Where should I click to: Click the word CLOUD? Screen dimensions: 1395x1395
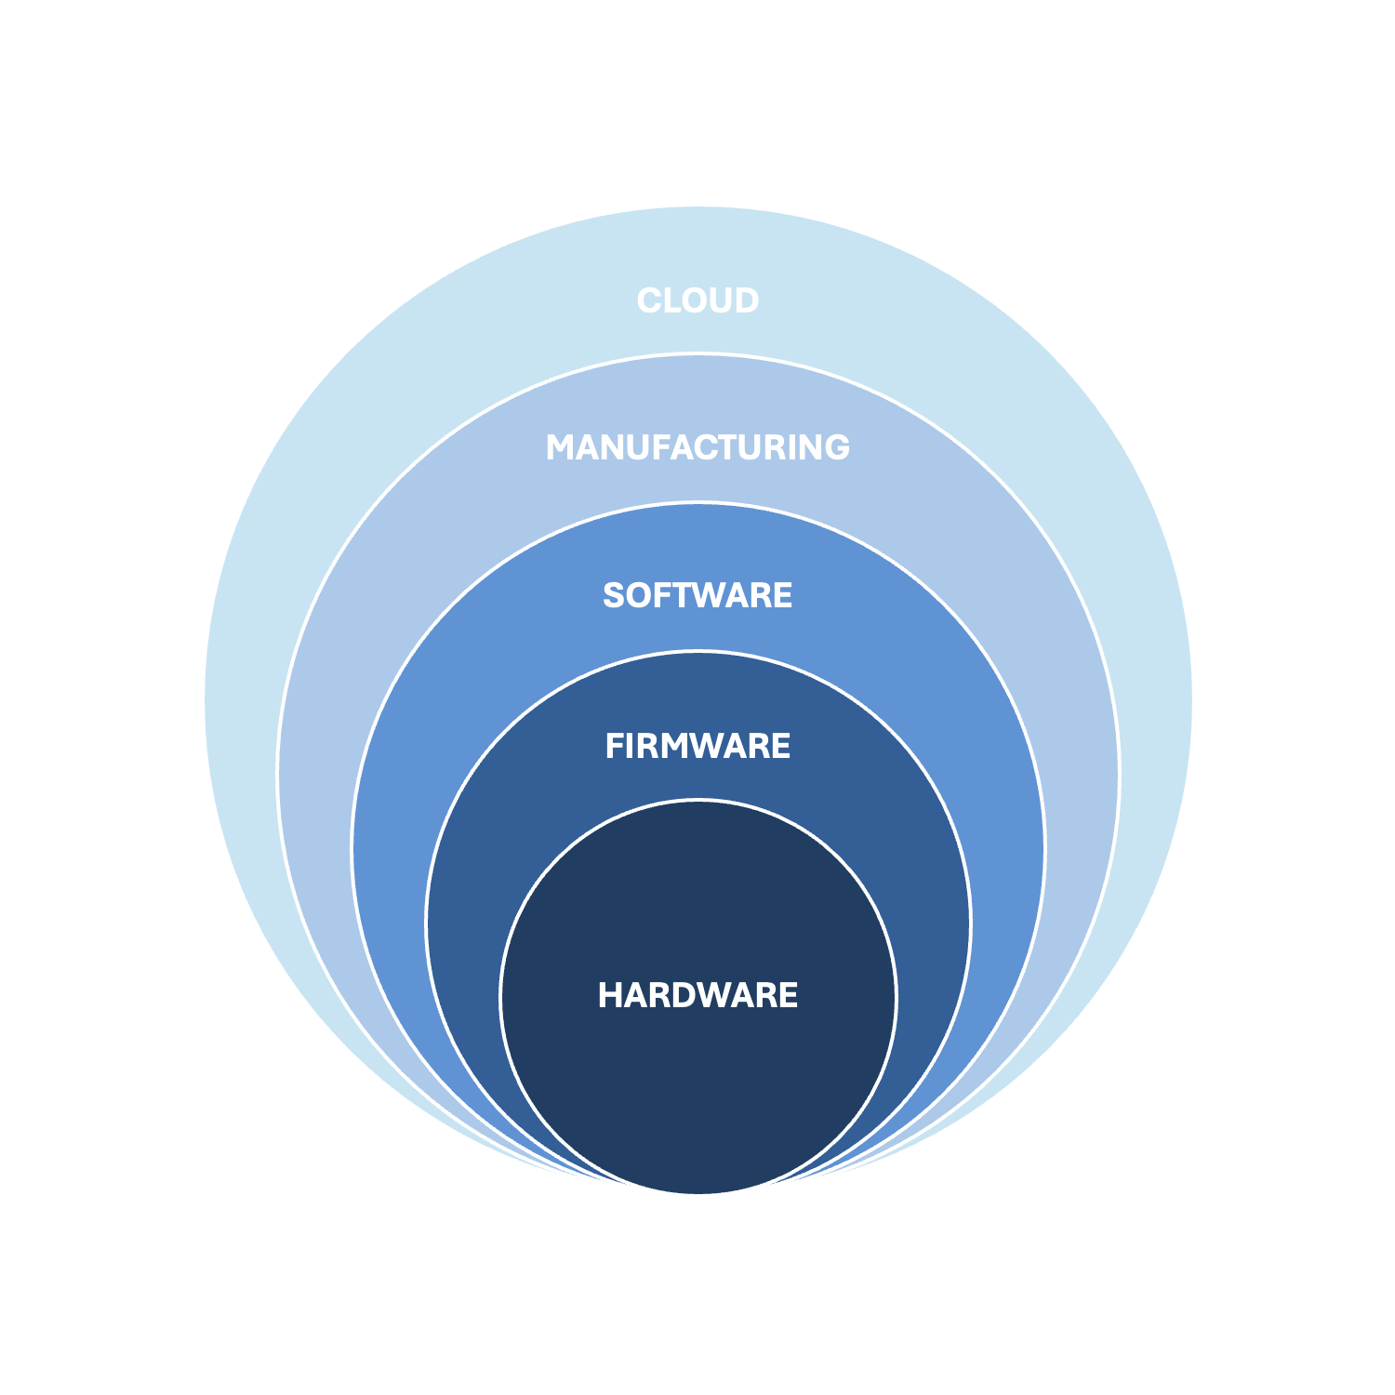click(x=697, y=300)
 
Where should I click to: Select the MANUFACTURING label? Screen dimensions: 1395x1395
click(x=697, y=447)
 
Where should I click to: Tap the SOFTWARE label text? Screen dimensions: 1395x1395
click(x=697, y=595)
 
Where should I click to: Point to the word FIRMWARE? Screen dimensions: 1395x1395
click(x=697, y=746)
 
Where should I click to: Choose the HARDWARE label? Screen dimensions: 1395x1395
click(x=697, y=995)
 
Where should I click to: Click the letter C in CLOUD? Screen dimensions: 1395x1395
click(x=649, y=300)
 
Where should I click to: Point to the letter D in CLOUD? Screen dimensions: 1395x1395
click(x=747, y=300)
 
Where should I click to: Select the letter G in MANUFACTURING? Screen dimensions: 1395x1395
click(x=837, y=447)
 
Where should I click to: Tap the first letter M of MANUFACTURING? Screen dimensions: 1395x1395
click(x=561, y=447)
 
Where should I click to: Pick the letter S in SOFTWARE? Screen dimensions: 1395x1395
click(x=615, y=595)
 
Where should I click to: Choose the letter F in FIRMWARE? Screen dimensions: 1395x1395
click(x=616, y=746)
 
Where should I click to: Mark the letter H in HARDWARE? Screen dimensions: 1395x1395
click(x=610, y=995)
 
